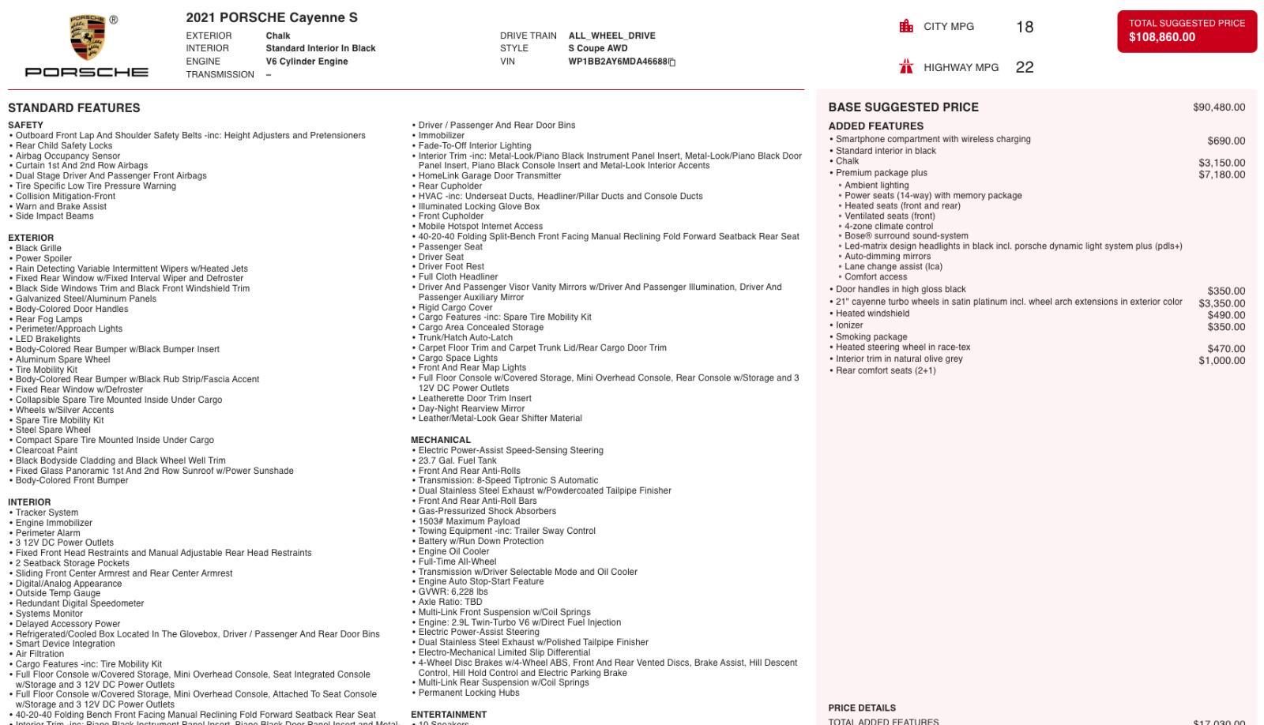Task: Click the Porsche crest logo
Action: tap(88, 38)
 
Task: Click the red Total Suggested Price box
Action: tap(1187, 31)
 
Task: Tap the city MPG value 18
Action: tap(1025, 27)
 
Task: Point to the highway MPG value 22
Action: tap(1025, 67)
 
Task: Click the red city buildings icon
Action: tap(906, 26)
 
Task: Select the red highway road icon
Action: tap(906, 66)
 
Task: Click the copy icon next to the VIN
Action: tap(672, 62)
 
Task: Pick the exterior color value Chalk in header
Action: tap(278, 36)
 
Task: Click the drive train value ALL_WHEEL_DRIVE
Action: tap(611, 36)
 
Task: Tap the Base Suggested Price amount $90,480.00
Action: tap(1219, 107)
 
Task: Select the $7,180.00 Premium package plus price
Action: tap(1221, 175)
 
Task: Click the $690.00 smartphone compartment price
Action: tap(1226, 141)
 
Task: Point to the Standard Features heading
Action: tap(74, 108)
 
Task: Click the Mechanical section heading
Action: tap(441, 440)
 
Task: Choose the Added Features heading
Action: tap(875, 126)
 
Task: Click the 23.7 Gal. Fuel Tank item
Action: tap(457, 460)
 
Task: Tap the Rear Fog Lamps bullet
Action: tap(49, 319)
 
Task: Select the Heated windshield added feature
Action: tap(872, 314)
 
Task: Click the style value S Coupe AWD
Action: tap(597, 48)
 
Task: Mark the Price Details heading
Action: tap(862, 708)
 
